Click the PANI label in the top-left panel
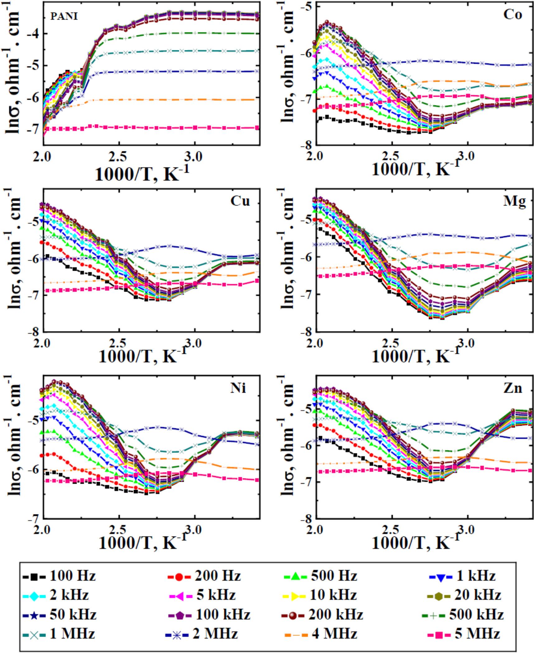pyautogui.click(x=64, y=16)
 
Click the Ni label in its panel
pyautogui.click(x=238, y=388)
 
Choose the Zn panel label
pyautogui.click(x=513, y=388)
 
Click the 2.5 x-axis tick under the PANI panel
pyautogui.click(x=118, y=156)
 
